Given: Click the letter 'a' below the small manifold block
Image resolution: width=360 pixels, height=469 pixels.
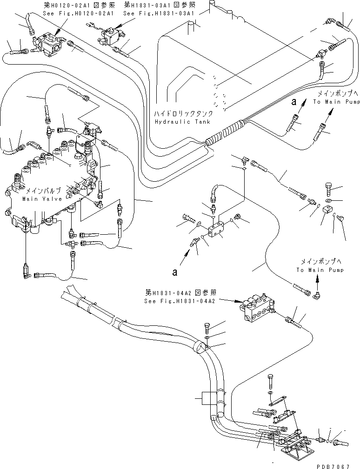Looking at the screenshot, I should pyautogui.click(x=174, y=272).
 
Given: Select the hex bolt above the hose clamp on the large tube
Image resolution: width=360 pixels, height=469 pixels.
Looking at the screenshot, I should pyautogui.click(x=207, y=328).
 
